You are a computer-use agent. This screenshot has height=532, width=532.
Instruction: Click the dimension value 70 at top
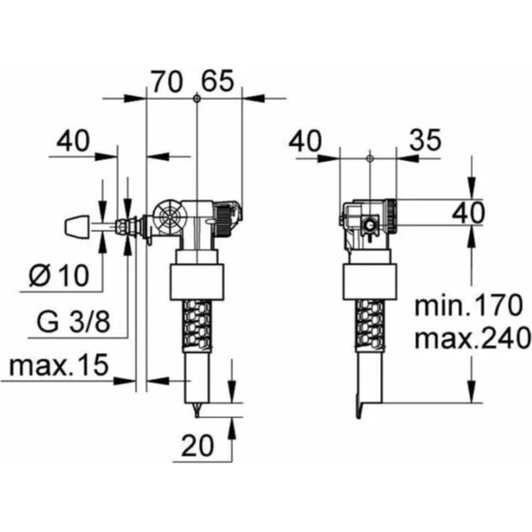[x=166, y=82]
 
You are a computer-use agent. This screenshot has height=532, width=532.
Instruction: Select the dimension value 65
[x=217, y=81]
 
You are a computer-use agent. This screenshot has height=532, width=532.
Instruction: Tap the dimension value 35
[x=425, y=140]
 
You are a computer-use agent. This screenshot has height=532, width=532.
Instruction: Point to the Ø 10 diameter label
[x=59, y=275]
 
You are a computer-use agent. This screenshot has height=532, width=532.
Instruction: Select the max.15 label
[x=58, y=365]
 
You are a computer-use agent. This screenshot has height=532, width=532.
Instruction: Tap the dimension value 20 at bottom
[x=198, y=446]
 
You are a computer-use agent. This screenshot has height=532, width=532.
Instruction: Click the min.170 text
[x=468, y=306]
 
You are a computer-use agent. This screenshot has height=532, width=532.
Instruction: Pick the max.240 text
[x=473, y=338]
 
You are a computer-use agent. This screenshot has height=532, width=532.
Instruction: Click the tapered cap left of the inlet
[x=77, y=226]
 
